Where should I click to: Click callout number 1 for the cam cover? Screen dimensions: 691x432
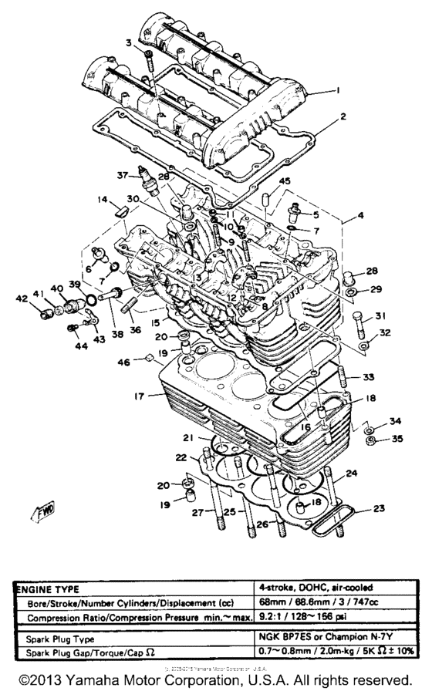click(x=337, y=91)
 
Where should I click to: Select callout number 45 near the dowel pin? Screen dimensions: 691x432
click(x=285, y=181)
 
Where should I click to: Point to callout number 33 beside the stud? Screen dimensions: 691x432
click(x=369, y=377)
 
